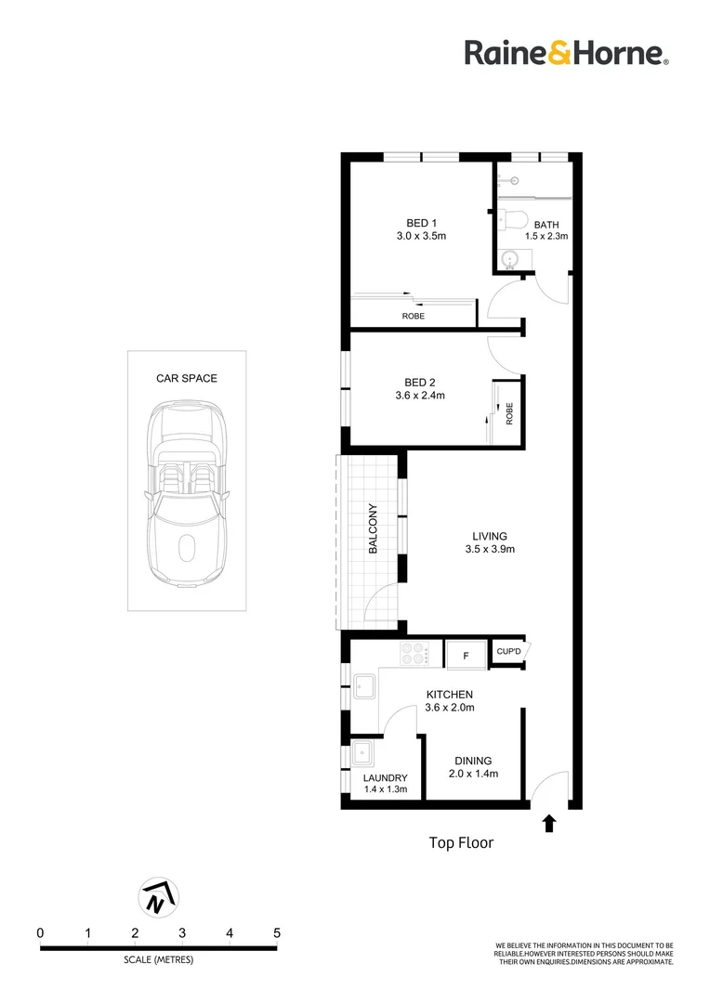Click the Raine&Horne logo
[x=567, y=52]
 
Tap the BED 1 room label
[x=421, y=223]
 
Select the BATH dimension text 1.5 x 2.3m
[x=546, y=236]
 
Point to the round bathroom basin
[x=511, y=259]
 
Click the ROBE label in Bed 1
[x=413, y=316]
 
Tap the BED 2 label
[x=420, y=383]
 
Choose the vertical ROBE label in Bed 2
[x=509, y=413]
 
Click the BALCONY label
[x=373, y=528]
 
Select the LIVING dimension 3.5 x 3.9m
[x=490, y=549]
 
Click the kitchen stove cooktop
[x=414, y=654]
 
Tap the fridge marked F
[x=467, y=656]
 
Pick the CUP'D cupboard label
[x=509, y=652]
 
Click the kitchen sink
[x=365, y=686]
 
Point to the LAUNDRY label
[x=385, y=778]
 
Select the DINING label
[x=473, y=761]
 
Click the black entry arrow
[x=548, y=824]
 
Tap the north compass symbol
[x=158, y=897]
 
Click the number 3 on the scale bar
[x=182, y=933]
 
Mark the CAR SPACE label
[x=186, y=379]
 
